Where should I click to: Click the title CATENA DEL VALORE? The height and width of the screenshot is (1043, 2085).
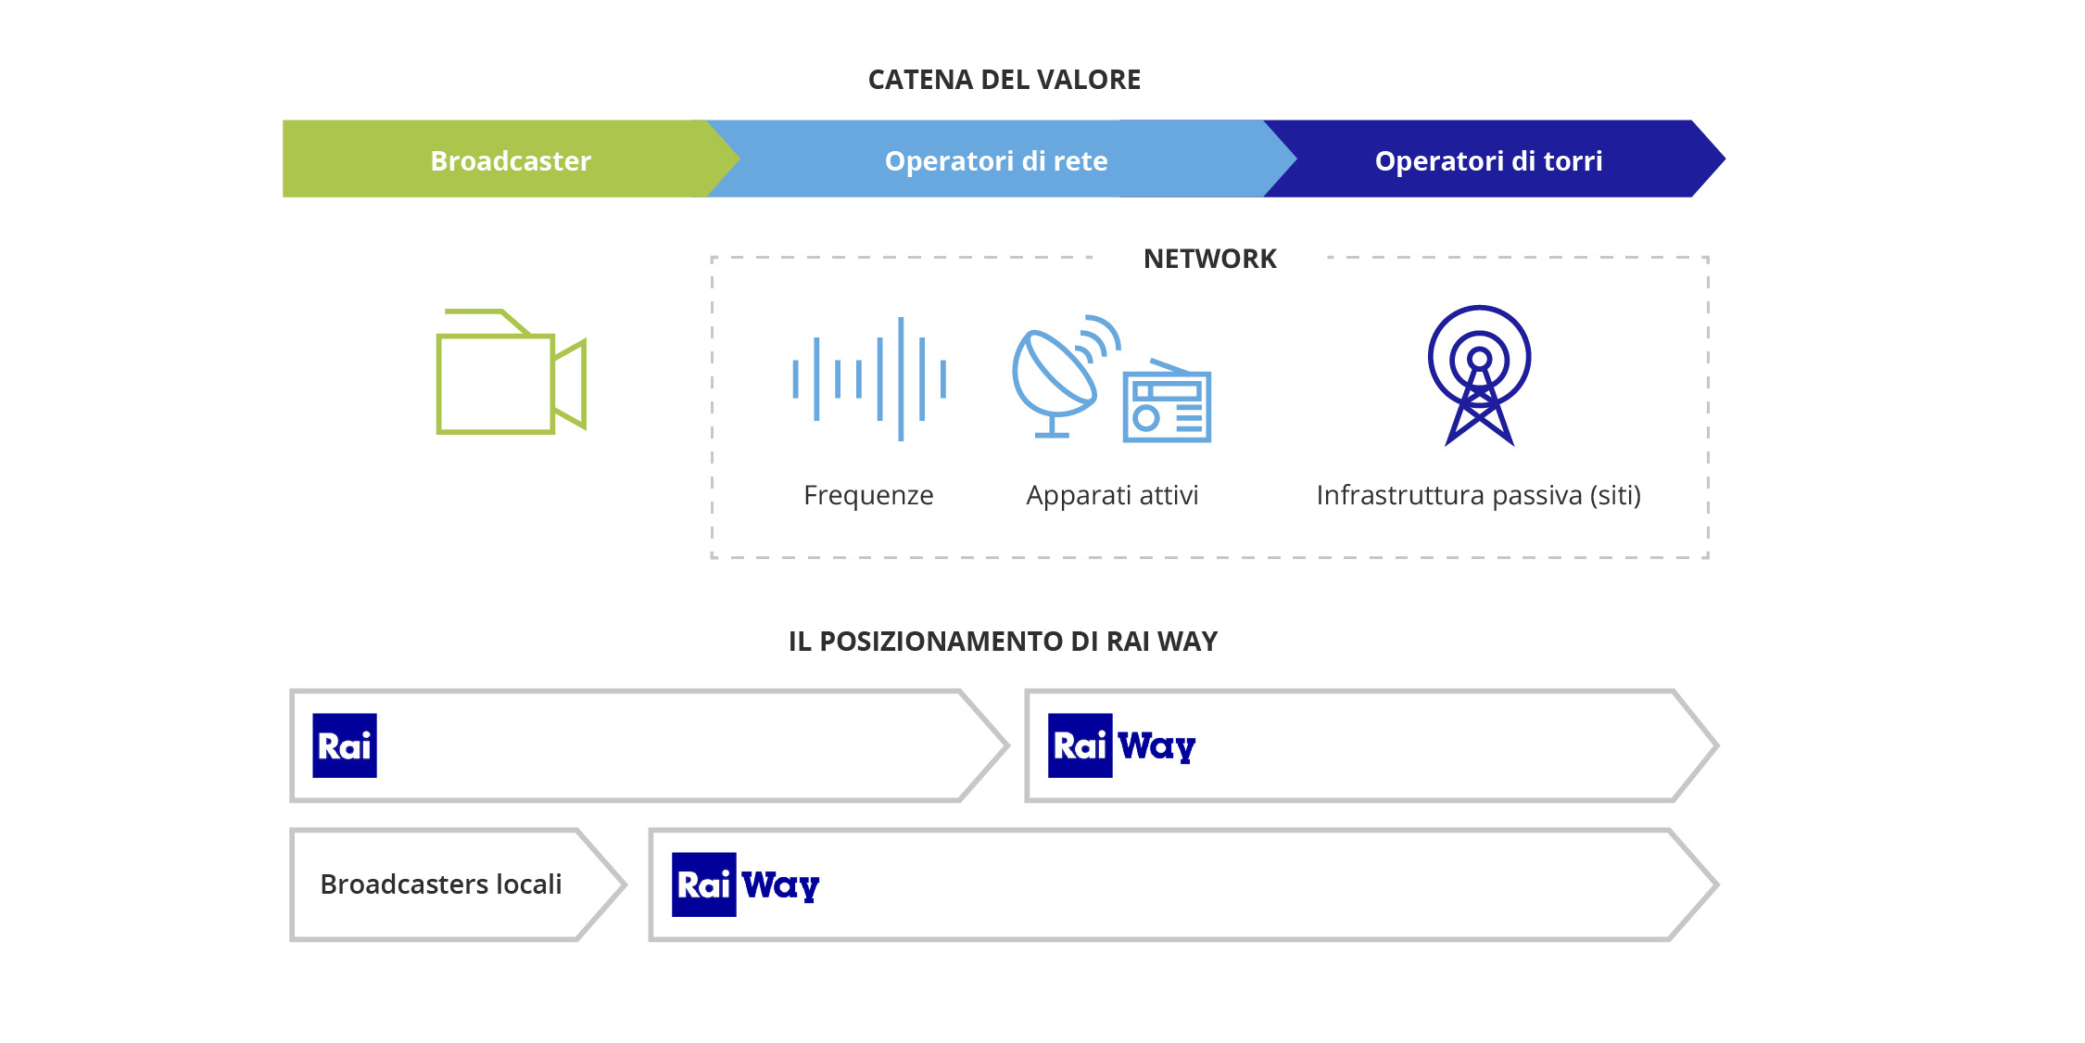click(1004, 80)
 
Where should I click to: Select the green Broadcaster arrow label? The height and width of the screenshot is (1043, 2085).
click(511, 161)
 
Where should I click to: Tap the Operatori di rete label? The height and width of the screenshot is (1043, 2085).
click(996, 161)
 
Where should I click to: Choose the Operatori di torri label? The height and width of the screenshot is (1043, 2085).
click(1488, 161)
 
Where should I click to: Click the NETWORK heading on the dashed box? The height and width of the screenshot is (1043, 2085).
click(1209, 259)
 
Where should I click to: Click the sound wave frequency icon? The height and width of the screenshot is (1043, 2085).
click(869, 378)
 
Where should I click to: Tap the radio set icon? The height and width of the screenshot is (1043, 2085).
click(1167, 403)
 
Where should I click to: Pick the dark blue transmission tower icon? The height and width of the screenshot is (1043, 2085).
click(1479, 375)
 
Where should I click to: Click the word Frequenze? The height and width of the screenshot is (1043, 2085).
click(868, 495)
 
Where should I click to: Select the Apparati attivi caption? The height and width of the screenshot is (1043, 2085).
click(1112, 495)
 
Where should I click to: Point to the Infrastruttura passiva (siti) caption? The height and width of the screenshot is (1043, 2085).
click(1478, 495)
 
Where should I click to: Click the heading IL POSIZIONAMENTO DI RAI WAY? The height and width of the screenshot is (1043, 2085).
click(1003, 642)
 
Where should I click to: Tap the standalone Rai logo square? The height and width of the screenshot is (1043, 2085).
click(345, 745)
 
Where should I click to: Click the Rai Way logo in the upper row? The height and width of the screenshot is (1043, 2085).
click(1121, 745)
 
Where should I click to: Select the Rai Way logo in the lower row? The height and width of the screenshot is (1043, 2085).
click(745, 884)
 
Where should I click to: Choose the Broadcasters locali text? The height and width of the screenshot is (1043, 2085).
click(441, 884)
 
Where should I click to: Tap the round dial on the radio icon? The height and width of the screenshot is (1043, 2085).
click(1146, 418)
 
